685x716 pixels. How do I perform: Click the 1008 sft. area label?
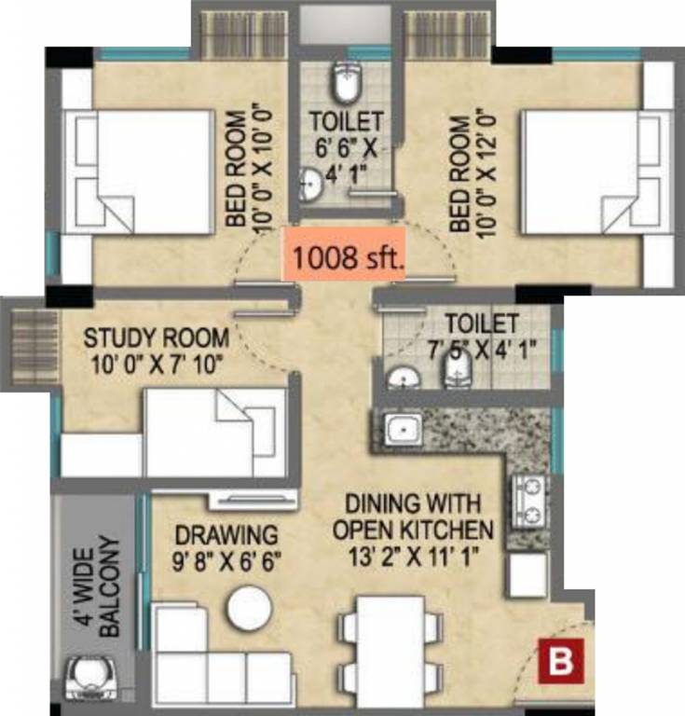click(x=346, y=256)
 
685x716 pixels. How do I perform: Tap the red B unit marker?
click(x=559, y=663)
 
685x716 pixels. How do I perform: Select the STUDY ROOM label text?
click(x=143, y=336)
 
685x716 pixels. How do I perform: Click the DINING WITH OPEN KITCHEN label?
click(x=413, y=517)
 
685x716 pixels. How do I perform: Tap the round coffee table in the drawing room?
click(x=249, y=608)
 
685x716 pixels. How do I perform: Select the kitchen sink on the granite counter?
click(x=402, y=428)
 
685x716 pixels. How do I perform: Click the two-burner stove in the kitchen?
click(x=528, y=501)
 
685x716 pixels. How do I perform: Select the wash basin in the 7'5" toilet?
click(x=403, y=379)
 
